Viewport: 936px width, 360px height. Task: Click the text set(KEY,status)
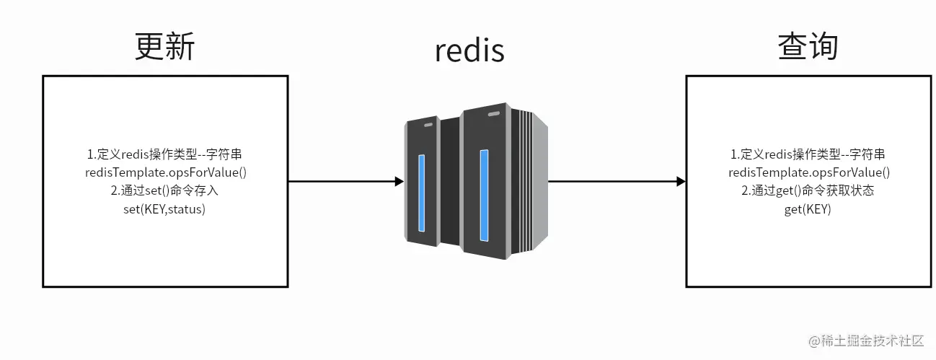click(x=164, y=209)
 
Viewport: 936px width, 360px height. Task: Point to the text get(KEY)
click(x=808, y=209)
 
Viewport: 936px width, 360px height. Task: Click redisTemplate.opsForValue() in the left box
click(x=165, y=172)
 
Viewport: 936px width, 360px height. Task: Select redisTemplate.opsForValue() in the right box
click(x=808, y=172)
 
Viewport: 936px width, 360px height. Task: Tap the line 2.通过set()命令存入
click(x=164, y=191)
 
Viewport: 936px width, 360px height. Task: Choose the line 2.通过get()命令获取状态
click(x=808, y=191)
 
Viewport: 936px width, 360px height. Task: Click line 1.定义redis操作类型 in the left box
click(x=165, y=154)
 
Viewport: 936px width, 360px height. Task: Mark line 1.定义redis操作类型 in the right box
click(x=808, y=154)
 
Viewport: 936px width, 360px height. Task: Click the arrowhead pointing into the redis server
click(x=399, y=182)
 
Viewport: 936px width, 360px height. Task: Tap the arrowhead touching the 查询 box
click(x=680, y=182)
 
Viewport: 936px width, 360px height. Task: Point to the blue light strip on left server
click(x=421, y=192)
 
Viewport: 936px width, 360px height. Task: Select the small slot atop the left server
click(x=428, y=125)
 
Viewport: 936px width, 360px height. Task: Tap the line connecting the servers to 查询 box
click(x=613, y=182)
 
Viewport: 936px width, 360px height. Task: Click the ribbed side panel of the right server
click(x=534, y=188)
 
